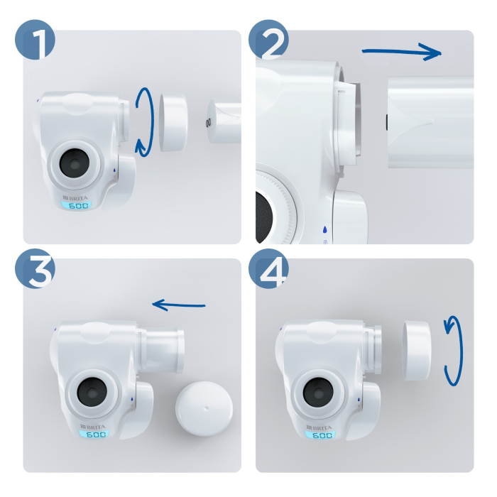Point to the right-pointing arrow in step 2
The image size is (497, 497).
click(401, 51)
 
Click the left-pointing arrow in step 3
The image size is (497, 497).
click(179, 305)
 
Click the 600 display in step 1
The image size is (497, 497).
click(78, 206)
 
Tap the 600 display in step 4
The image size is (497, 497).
click(322, 435)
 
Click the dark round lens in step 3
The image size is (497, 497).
click(92, 392)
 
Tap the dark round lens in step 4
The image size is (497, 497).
click(317, 392)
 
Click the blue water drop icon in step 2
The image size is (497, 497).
click(324, 230)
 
